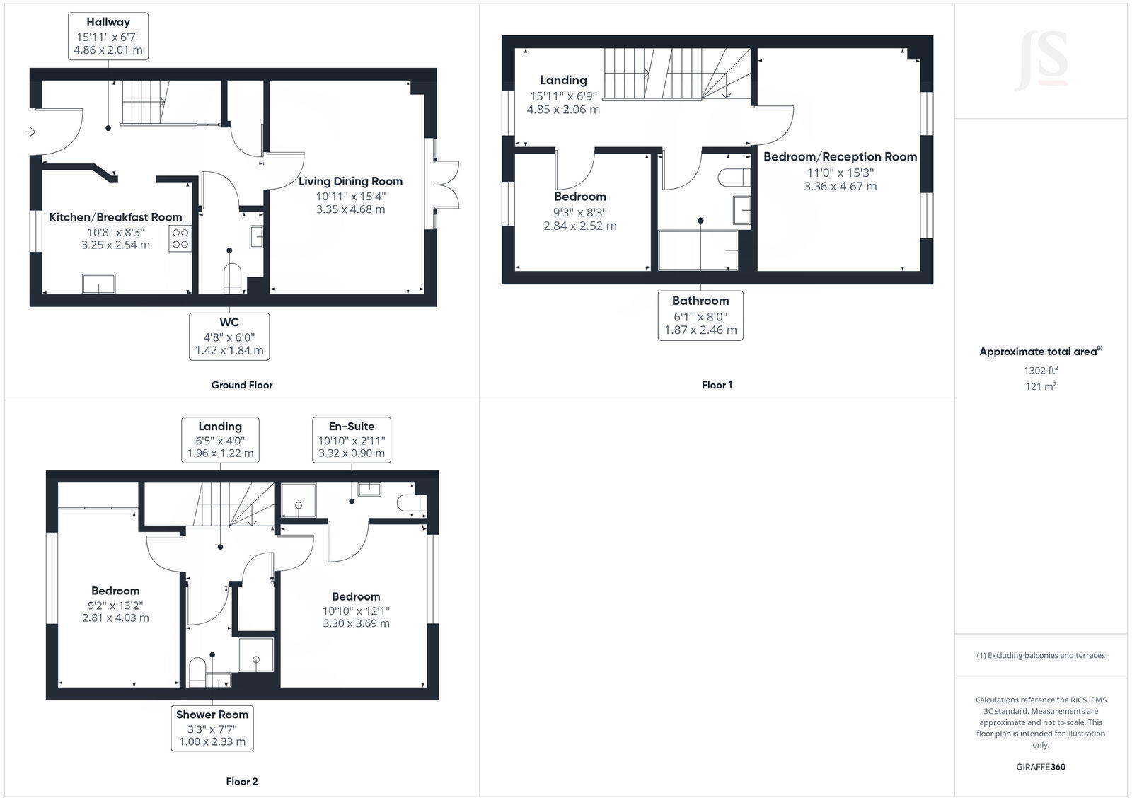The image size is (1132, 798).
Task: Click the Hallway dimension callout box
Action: click(108, 36)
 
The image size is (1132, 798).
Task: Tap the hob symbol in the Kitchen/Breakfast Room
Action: click(180, 238)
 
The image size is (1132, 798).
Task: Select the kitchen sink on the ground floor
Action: click(98, 283)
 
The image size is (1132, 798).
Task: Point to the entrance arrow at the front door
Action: click(30, 132)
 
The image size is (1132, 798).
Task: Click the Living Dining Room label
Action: click(350, 182)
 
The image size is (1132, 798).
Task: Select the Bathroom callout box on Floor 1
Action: click(700, 316)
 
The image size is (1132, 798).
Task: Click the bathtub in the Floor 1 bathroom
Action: click(698, 250)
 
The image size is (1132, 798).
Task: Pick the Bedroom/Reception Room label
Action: click(840, 157)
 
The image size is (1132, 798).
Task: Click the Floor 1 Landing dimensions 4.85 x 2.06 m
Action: click(563, 110)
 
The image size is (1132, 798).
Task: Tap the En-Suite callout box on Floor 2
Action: click(352, 439)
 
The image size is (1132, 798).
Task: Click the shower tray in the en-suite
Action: click(299, 501)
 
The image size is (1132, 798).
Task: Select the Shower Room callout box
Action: click(212, 728)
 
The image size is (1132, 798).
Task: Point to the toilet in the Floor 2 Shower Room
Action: click(197, 671)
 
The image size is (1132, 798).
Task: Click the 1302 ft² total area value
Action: click(1040, 370)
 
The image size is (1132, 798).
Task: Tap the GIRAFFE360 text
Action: click(1040, 767)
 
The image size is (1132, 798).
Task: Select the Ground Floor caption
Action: click(241, 385)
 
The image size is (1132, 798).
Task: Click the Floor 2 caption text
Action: click(241, 782)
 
